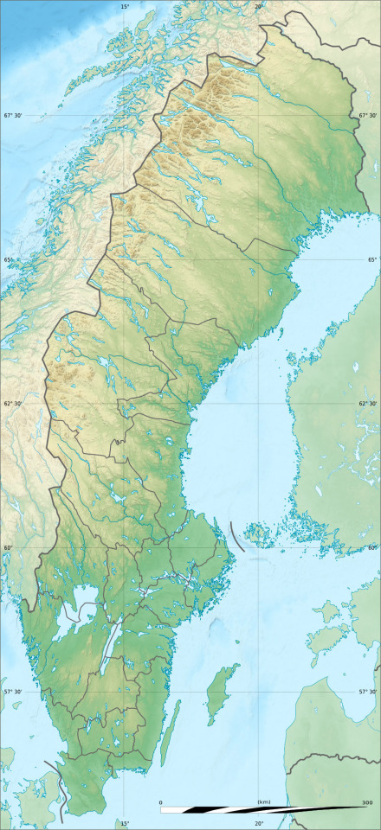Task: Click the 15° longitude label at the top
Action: pos(125,6)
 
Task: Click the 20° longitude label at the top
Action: pos(259,6)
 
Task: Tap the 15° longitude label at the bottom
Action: pos(125,823)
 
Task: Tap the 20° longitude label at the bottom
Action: pos(259,823)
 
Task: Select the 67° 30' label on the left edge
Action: pos(13,116)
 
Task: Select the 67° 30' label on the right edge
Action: pos(368,116)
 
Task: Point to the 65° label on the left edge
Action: pos(8,260)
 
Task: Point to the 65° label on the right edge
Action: pos(373,260)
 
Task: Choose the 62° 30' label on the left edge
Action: pos(13,404)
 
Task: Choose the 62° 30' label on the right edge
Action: pos(368,404)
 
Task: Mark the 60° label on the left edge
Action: pos(8,548)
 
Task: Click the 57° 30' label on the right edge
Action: pos(368,692)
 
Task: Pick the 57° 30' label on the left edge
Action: pos(13,692)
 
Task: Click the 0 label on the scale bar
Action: pos(160,802)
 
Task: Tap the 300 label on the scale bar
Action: pos(366,802)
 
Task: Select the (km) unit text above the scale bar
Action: pos(263,802)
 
